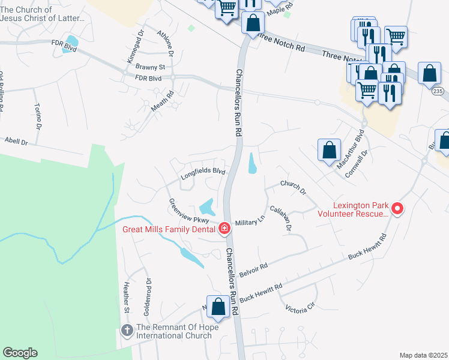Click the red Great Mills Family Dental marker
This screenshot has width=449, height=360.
[x=224, y=228]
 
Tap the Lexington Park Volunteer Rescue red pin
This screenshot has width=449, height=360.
[x=397, y=209]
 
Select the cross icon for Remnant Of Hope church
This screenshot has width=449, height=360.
[x=127, y=331]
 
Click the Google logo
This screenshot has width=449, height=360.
[x=20, y=353]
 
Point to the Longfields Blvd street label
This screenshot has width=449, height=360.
[x=203, y=174]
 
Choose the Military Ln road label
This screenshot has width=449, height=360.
[x=250, y=221]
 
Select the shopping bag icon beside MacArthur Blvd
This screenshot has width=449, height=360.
[x=330, y=151]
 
